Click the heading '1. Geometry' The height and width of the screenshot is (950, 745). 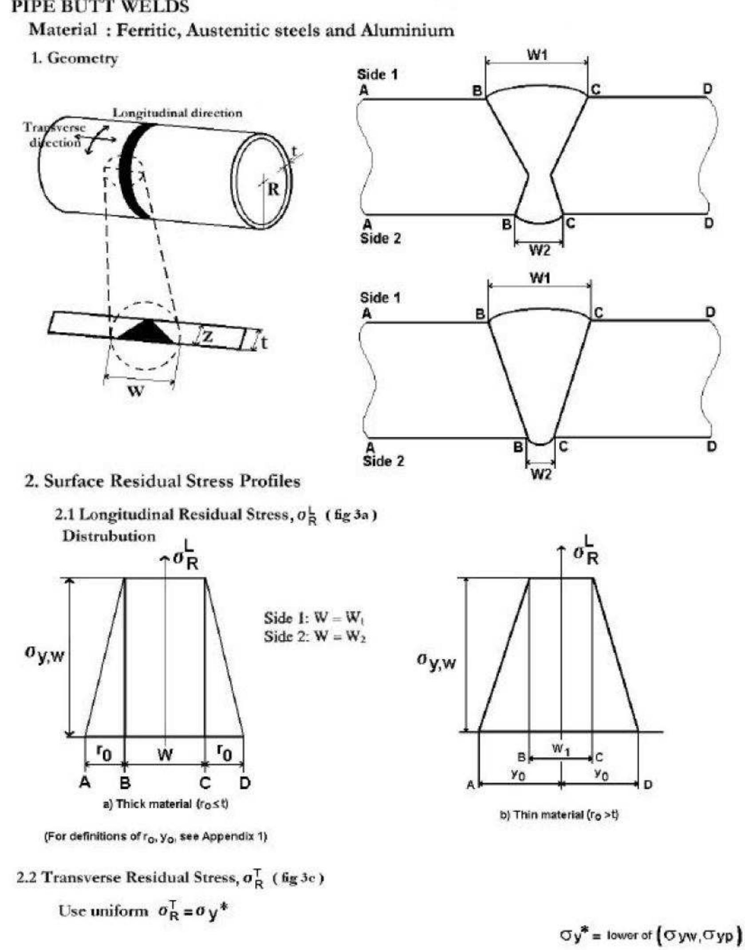(x=74, y=58)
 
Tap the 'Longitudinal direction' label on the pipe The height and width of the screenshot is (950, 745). (x=177, y=113)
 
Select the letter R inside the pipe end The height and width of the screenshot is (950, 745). (x=273, y=190)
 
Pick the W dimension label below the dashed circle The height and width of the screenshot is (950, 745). (x=136, y=391)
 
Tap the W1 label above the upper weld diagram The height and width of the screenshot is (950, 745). (x=537, y=55)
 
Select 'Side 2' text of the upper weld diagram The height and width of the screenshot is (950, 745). (x=380, y=238)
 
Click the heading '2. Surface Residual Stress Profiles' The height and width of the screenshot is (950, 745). (x=162, y=481)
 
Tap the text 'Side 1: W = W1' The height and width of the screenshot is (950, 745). (x=314, y=618)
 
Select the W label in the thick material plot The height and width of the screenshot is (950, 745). (x=165, y=754)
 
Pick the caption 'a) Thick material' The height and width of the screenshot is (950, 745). (x=166, y=803)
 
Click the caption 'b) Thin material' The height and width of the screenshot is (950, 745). (x=559, y=815)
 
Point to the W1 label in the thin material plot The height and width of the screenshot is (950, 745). (x=560, y=749)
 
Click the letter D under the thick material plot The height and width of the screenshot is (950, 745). (x=245, y=783)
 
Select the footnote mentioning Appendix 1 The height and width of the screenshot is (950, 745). (x=156, y=837)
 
